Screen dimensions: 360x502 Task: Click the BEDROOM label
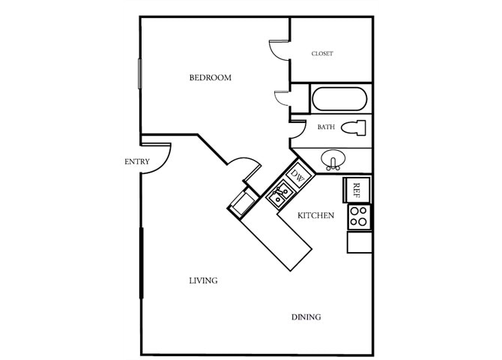click(210, 78)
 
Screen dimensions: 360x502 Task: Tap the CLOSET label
click(322, 54)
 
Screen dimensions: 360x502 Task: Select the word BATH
click(326, 127)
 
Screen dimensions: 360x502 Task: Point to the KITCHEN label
click(315, 216)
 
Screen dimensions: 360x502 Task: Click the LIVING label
click(203, 281)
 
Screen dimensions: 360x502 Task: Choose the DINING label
click(306, 317)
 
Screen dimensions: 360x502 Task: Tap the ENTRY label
click(137, 162)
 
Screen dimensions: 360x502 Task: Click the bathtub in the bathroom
click(339, 100)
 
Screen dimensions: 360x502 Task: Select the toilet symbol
click(353, 127)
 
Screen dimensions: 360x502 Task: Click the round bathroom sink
click(333, 159)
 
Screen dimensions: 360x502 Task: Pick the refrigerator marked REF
click(357, 188)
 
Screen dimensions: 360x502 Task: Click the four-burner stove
click(359, 217)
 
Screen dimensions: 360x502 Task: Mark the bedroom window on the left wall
click(140, 73)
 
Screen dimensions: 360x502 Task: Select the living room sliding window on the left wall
click(141, 262)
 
